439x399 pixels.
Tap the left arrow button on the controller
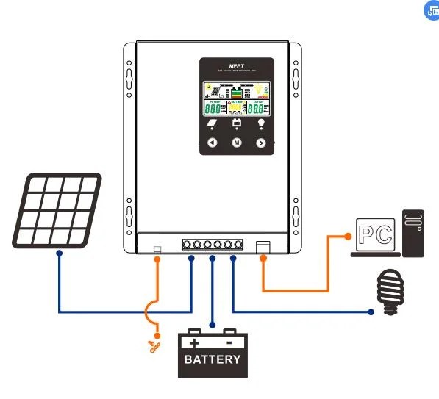[212, 143]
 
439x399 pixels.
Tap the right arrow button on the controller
[260, 143]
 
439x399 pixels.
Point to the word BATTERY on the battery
[213, 359]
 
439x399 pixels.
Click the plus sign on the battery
[194, 342]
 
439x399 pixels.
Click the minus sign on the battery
[230, 342]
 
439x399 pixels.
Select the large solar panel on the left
[57, 209]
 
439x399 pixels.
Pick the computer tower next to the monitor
[413, 233]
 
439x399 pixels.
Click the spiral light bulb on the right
[389, 292]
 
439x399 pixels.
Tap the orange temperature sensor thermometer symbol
[154, 343]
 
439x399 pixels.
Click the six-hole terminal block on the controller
[213, 245]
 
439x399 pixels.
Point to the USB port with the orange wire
[263, 246]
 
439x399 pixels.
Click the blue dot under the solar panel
[59, 253]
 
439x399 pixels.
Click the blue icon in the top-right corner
[432, 10]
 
